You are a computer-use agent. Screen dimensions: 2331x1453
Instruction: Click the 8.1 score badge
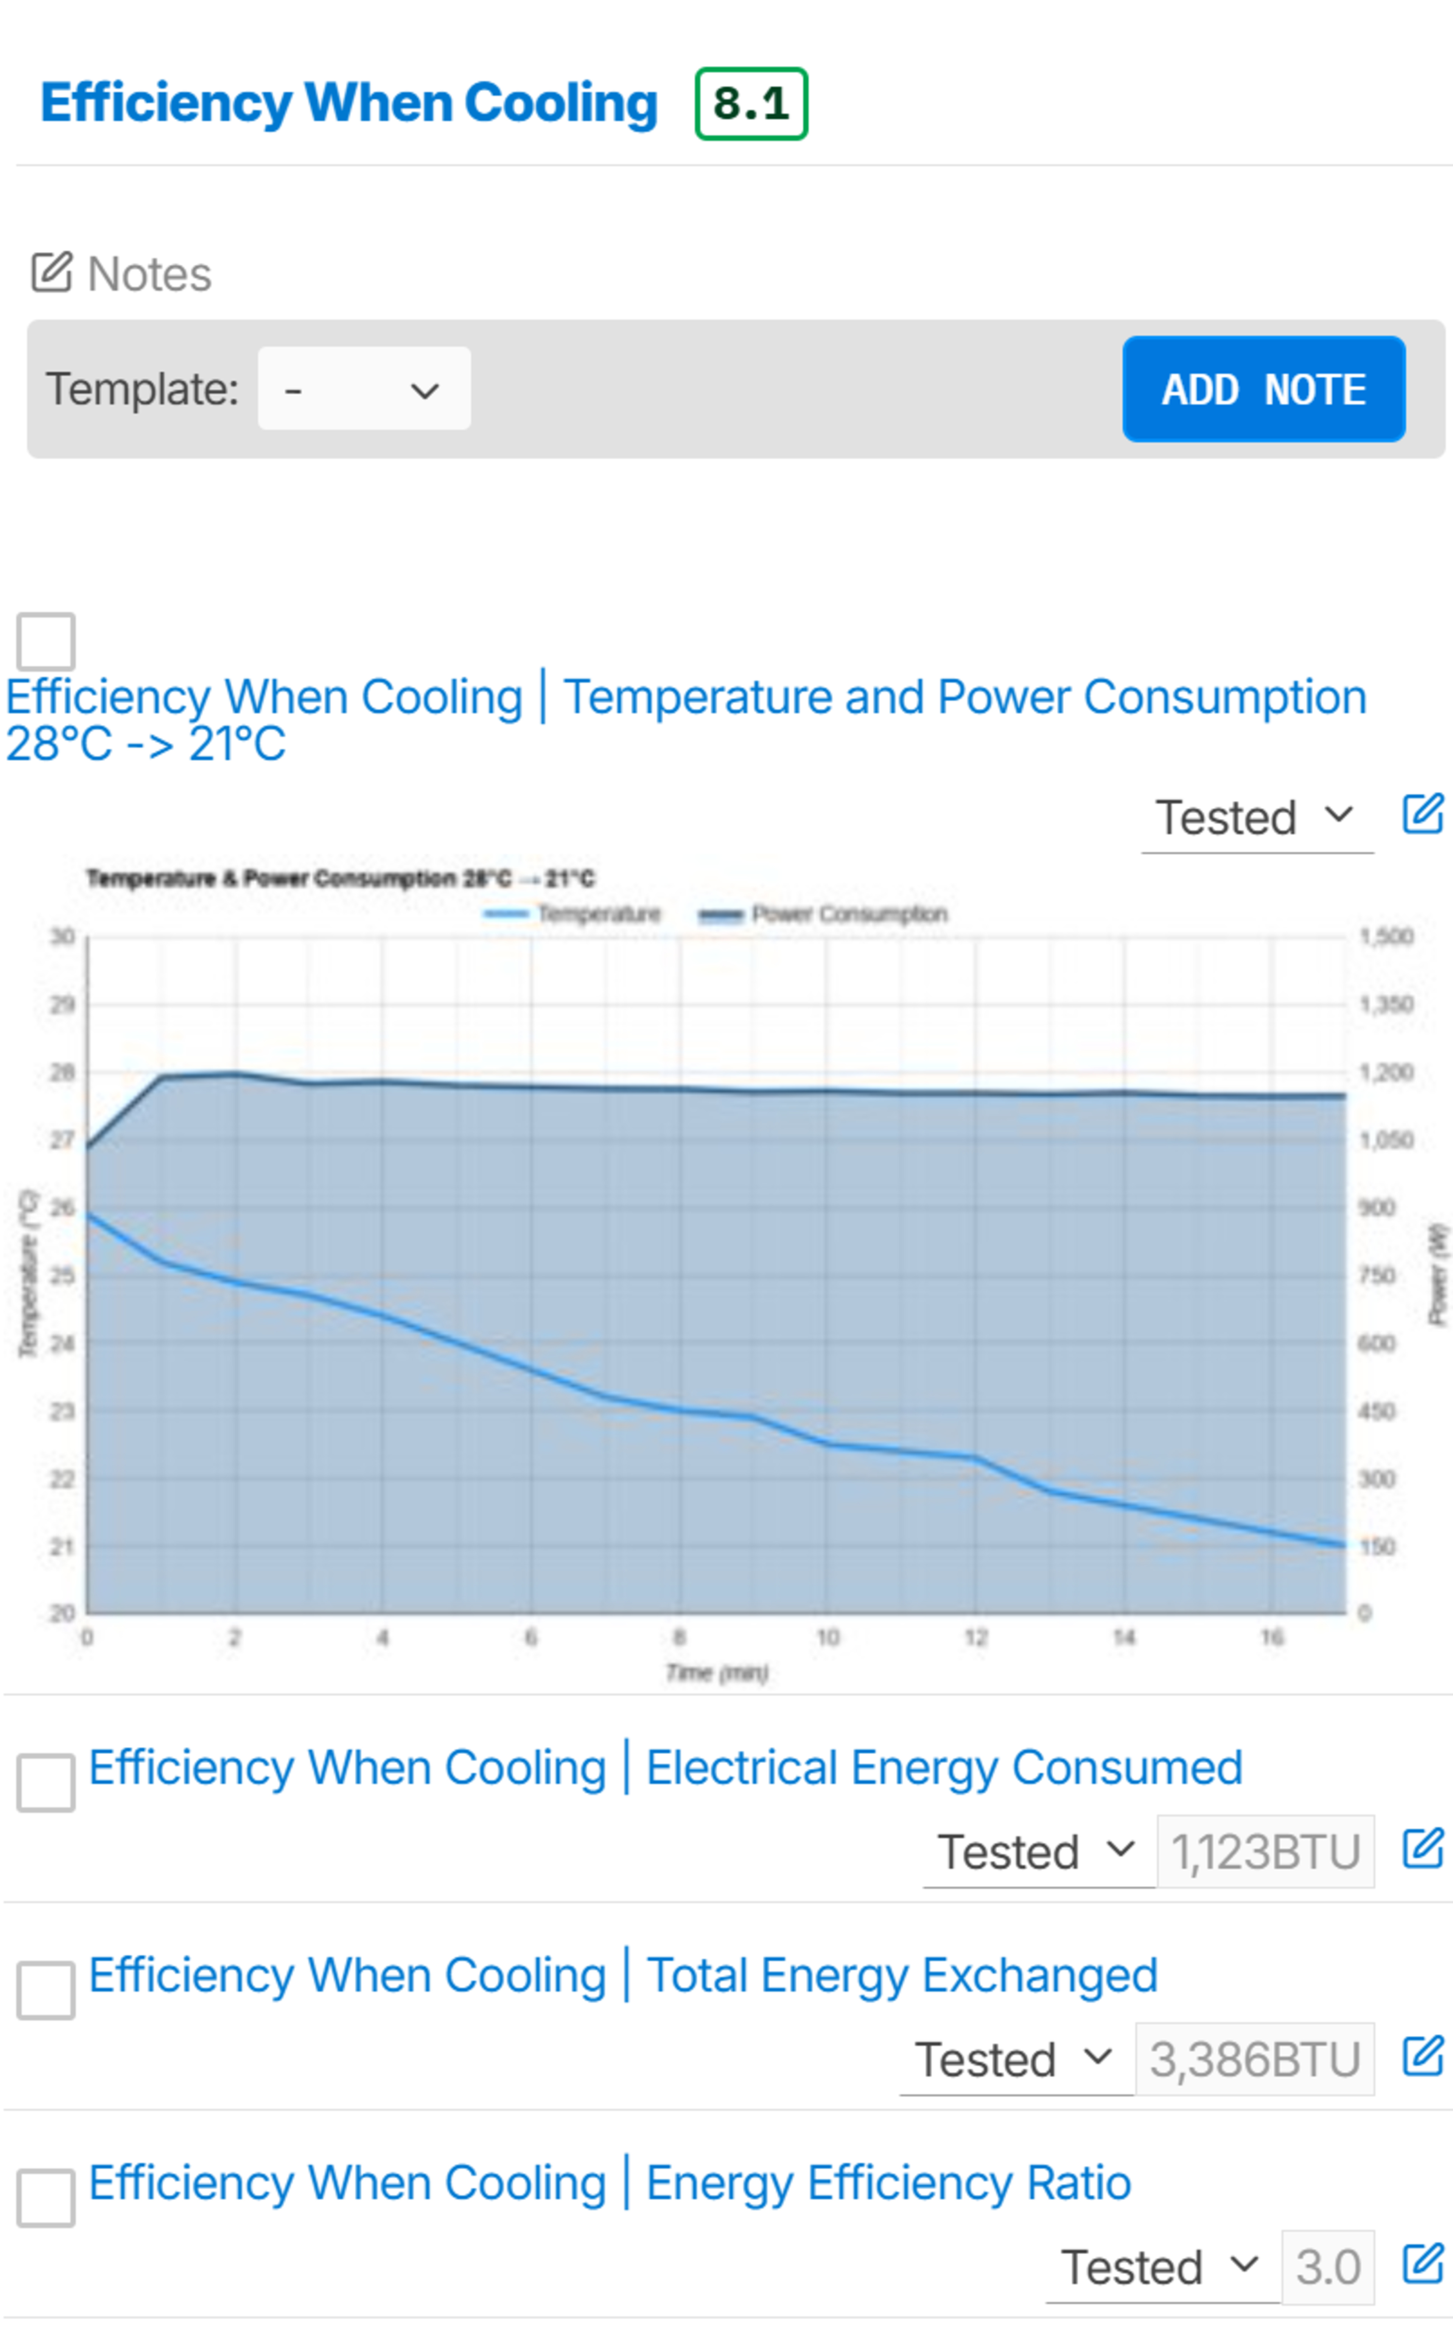click(x=750, y=104)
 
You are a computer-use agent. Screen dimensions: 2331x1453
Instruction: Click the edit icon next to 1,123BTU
click(x=1422, y=1848)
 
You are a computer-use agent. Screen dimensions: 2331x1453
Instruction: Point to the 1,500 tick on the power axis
click(x=1386, y=936)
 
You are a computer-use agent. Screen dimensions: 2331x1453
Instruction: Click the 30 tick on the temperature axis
click(x=62, y=936)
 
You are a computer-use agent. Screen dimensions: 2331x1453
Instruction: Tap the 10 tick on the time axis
click(x=828, y=1637)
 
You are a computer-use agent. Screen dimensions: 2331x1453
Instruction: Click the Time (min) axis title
click(x=717, y=1673)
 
